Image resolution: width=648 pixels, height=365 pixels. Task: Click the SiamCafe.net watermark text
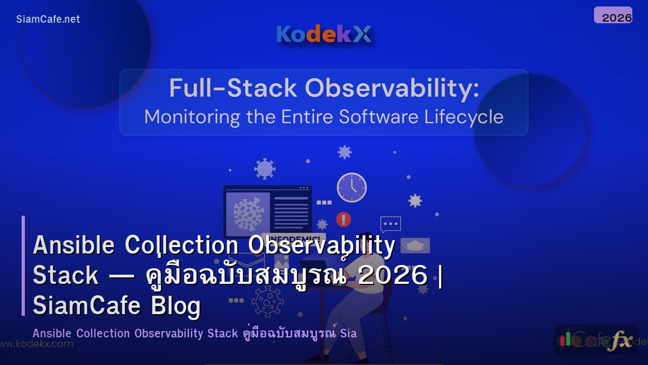pos(48,19)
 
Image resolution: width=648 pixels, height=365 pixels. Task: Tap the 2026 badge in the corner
pos(613,16)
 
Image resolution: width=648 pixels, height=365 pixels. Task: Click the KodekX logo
pos(323,34)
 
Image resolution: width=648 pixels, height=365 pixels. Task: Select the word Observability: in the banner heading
pos(392,88)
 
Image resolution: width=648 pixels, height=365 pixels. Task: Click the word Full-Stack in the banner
pos(233,88)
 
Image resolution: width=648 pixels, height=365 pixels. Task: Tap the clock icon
pos(352,188)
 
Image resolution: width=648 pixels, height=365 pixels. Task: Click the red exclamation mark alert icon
pos(343,219)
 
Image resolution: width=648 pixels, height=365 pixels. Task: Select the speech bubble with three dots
pos(390,224)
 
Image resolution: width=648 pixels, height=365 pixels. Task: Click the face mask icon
pos(415,245)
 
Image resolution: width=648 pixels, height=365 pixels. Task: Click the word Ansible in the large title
pos(73,245)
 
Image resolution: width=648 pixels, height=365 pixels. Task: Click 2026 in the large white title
pos(393,276)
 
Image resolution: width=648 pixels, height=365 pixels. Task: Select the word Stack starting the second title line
pos(65,276)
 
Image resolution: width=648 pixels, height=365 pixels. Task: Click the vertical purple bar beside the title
pos(23,266)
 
